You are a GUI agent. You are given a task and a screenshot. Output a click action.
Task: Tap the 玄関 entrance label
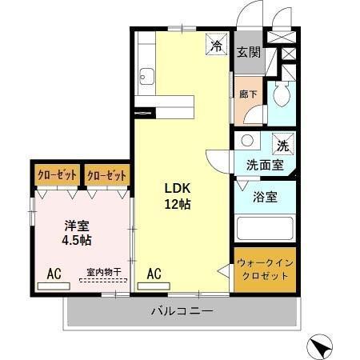pos(248,53)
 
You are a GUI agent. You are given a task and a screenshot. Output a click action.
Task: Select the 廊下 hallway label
pos(247,93)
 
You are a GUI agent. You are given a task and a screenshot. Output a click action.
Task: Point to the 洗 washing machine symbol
pos(282,145)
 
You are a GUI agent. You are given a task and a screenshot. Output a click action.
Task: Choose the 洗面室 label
pos(264,165)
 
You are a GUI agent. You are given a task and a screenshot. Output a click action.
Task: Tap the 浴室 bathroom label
pos(265,197)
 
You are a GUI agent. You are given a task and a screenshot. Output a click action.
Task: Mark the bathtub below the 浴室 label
pos(266,230)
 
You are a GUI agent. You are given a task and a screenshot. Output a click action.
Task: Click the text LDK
pos(178,188)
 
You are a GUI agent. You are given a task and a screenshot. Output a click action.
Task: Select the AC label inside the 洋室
pos(54,274)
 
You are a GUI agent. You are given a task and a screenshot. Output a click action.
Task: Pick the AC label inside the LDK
pos(154,274)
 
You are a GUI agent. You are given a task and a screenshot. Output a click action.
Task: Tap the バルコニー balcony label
pos(182,311)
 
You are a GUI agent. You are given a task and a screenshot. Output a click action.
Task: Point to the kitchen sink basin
pos(146,78)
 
